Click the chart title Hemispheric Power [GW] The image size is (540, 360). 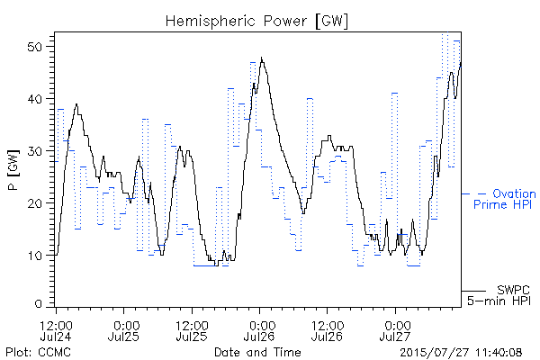tap(256, 22)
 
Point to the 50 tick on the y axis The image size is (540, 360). tap(34, 47)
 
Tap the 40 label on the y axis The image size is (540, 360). tap(34, 99)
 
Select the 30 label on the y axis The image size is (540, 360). tap(34, 151)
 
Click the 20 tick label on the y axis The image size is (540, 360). tap(34, 203)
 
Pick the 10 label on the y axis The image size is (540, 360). tap(34, 256)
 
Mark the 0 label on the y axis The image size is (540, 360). tap(38, 304)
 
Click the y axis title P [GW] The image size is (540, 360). tap(13, 170)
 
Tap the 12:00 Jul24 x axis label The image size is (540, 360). tap(56, 330)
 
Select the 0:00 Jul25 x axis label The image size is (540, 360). tap(124, 330)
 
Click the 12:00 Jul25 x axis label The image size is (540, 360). tap(192, 330)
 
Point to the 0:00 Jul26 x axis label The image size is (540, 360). tap(260, 330)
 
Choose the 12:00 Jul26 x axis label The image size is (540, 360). tap(328, 330)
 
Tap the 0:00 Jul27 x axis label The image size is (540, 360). tap(395, 330)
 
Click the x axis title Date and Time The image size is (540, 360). tap(257, 352)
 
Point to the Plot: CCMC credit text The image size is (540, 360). tap(38, 352)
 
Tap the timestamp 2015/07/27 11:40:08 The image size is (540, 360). tap(461, 352)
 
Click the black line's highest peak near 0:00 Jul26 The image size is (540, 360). tap(262, 58)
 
